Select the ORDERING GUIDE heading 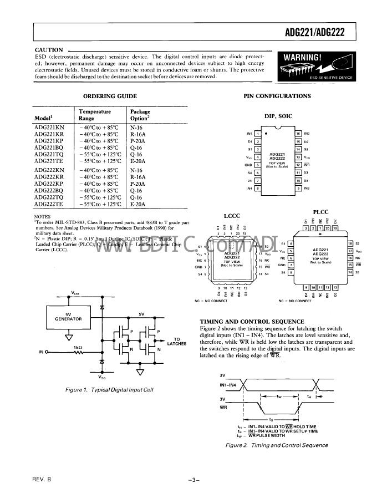click(110, 96)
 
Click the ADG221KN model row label click(49, 128)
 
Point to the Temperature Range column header click(95, 115)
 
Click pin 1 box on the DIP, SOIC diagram click(258, 134)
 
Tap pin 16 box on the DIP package click(298, 134)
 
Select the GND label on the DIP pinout click(248, 165)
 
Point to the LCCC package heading click(232, 215)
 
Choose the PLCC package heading click(321, 211)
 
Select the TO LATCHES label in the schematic click(177, 341)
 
